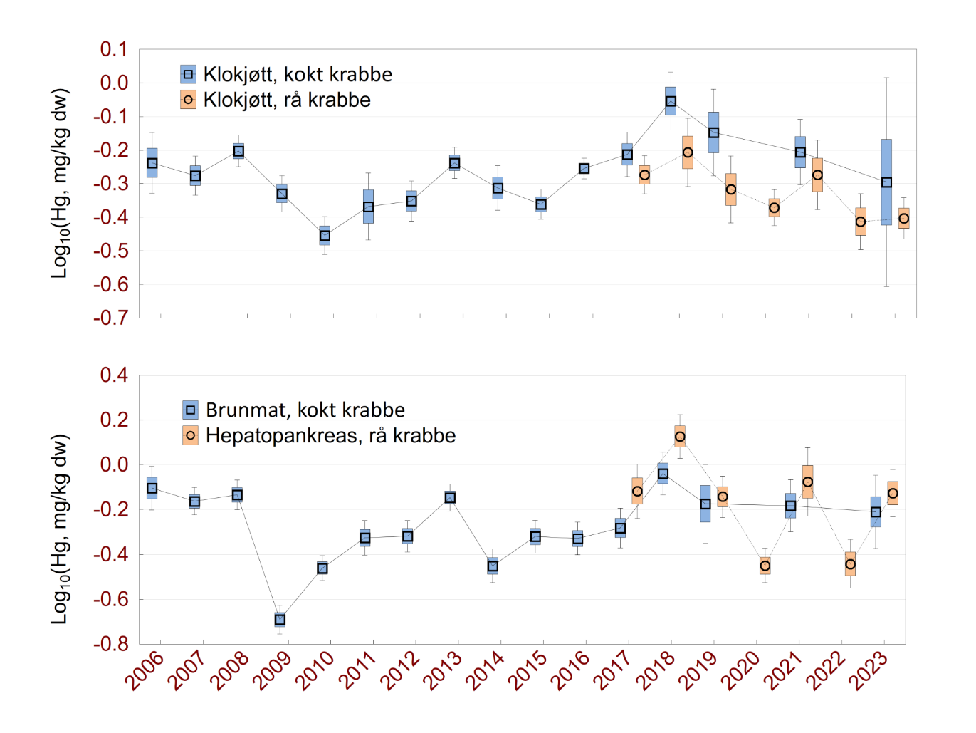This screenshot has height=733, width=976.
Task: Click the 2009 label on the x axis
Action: click(272, 671)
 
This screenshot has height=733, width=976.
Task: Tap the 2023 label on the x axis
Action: click(868, 671)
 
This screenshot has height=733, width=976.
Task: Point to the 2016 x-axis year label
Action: click(570, 671)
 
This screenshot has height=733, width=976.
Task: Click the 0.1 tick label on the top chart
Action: click(114, 49)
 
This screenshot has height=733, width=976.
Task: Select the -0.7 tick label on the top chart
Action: click(111, 318)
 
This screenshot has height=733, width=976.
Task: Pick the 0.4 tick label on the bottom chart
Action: click(114, 375)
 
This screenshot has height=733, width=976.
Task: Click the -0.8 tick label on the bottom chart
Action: click(111, 643)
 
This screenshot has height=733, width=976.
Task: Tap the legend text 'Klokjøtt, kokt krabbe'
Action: click(298, 74)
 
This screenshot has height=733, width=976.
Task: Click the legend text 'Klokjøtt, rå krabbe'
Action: click(287, 100)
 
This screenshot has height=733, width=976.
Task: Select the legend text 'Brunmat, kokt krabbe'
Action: click(305, 410)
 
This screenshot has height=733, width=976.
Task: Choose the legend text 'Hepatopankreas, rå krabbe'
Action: click(330, 435)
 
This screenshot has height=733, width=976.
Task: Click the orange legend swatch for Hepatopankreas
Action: click(190, 435)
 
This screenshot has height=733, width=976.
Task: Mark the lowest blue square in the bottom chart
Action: click(280, 620)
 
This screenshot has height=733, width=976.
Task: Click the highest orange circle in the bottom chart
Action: click(680, 437)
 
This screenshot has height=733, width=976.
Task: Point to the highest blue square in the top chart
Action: click(671, 101)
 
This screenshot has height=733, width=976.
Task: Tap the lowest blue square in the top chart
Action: click(325, 236)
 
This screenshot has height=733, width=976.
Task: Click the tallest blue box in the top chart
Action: click(886, 182)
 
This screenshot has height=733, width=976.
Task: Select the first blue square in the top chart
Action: click(152, 163)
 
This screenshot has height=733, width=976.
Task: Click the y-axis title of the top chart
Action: click(61, 183)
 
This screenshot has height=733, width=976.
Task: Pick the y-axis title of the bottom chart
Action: click(61, 529)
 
